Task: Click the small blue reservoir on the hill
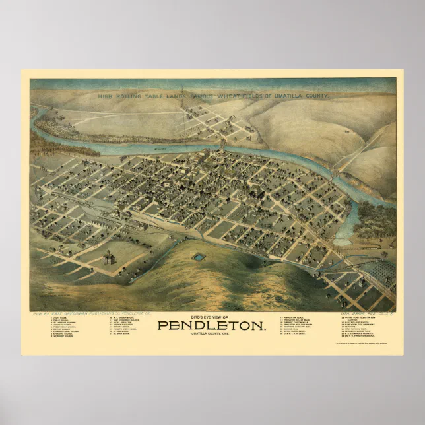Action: point(197,257)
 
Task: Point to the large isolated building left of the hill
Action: point(108,258)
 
